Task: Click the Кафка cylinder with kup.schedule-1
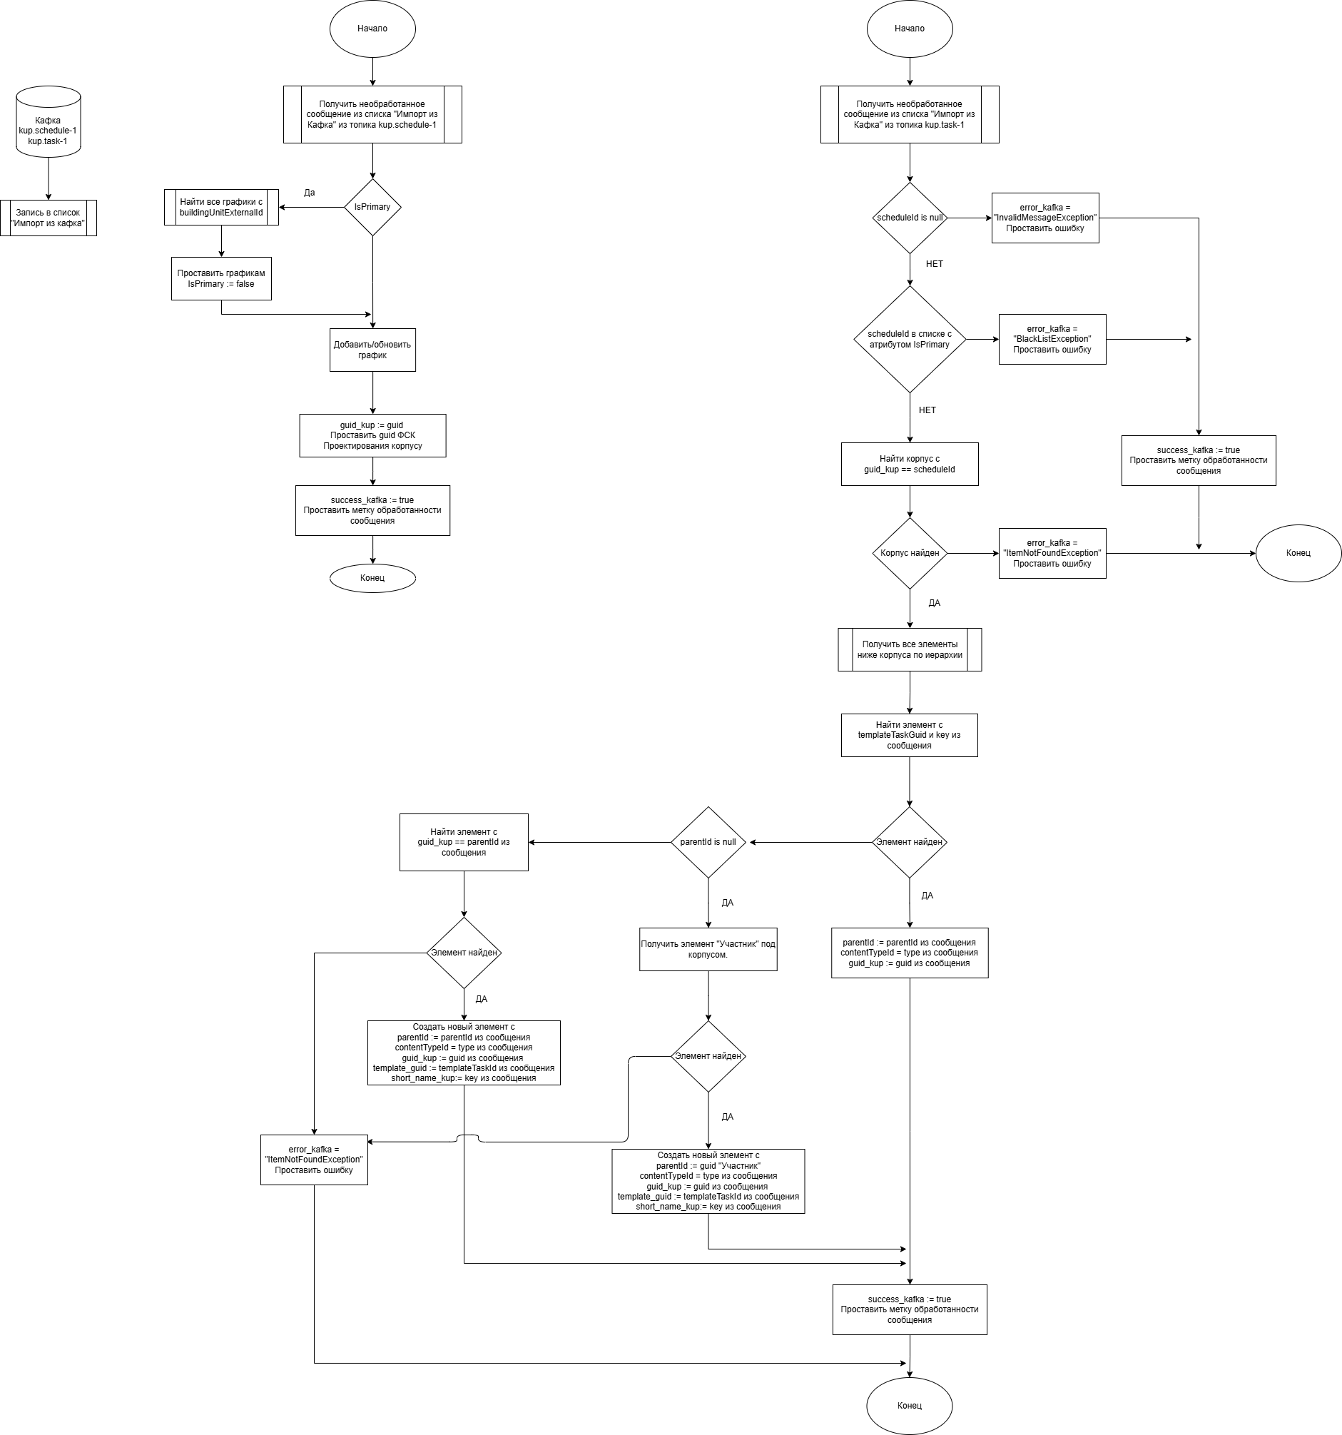point(49,122)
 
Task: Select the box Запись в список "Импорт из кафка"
point(49,218)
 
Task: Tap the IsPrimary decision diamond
point(372,207)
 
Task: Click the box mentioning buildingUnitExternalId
point(221,207)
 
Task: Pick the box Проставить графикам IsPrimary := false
point(221,278)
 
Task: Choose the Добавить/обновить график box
point(372,350)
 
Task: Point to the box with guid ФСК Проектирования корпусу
point(372,435)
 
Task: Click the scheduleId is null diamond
point(910,218)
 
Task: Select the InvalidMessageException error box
point(1045,218)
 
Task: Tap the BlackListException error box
point(1052,339)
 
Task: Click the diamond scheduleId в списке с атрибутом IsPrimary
point(910,339)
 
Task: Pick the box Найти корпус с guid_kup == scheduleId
point(910,464)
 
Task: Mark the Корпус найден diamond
point(910,553)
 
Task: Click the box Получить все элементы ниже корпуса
point(910,649)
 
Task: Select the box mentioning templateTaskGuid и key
point(910,736)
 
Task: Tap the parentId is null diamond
point(708,843)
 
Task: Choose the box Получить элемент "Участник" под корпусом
point(708,949)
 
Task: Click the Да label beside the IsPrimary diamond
point(310,193)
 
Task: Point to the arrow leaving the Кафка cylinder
point(49,179)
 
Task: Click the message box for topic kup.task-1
point(910,115)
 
